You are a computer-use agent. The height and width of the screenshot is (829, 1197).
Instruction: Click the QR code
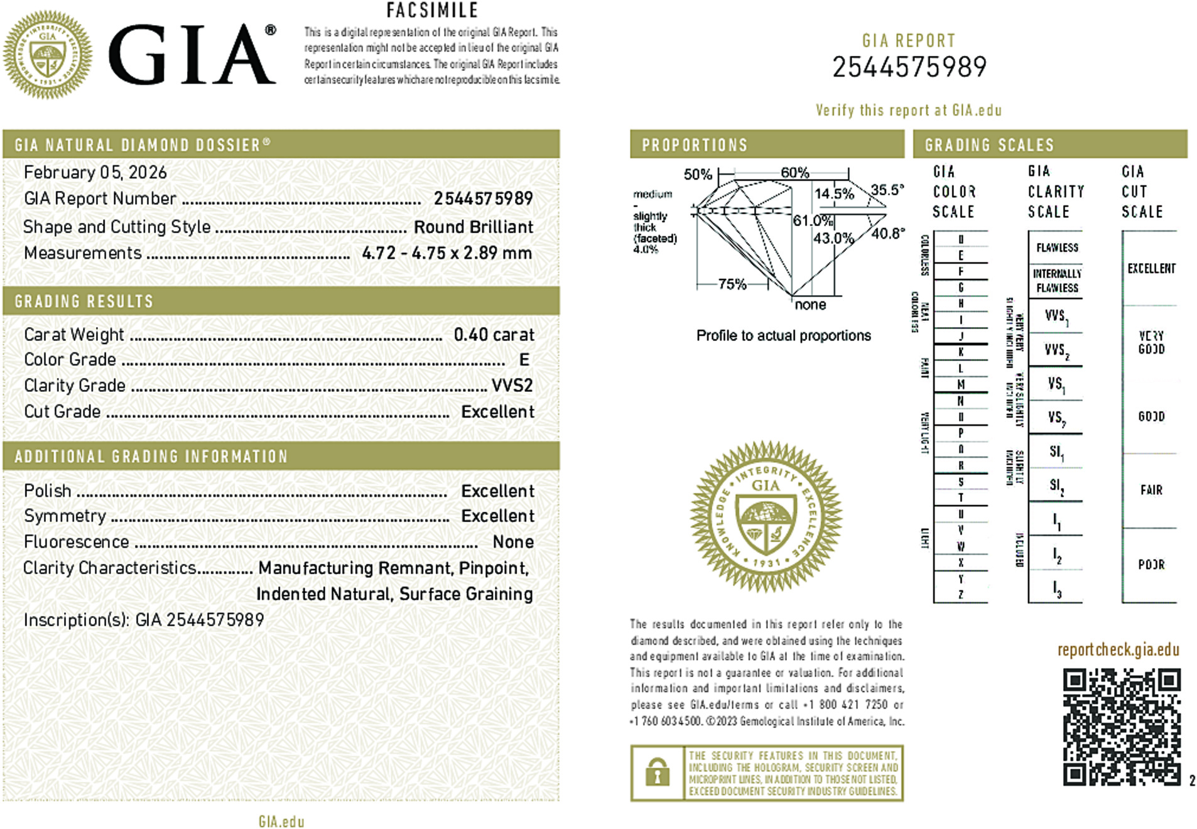(1121, 727)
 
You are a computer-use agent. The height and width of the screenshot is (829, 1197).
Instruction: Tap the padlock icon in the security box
(657, 773)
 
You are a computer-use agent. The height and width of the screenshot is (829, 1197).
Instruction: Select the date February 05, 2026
(95, 173)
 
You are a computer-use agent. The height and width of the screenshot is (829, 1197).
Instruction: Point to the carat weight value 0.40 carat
(494, 335)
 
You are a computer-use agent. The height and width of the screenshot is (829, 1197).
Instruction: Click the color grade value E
(524, 360)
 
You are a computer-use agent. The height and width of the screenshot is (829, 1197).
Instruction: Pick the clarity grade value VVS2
(512, 386)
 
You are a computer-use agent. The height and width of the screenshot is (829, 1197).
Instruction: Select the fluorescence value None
(513, 542)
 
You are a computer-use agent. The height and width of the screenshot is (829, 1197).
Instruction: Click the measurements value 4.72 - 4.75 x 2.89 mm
(447, 253)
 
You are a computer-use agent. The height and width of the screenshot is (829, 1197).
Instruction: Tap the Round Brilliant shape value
(473, 227)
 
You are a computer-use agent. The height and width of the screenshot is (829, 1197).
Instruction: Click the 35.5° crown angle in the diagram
(887, 190)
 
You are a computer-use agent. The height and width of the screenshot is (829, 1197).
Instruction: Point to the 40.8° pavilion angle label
(888, 234)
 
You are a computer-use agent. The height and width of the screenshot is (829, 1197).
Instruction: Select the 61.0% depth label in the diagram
(812, 220)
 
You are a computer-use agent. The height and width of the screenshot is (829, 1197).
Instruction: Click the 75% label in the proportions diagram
(732, 284)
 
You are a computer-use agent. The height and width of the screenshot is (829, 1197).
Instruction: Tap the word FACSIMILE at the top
(432, 11)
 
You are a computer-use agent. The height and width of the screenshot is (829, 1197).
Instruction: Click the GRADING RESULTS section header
(84, 301)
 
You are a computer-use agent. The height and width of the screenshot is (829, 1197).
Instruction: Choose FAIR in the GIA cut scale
(1151, 490)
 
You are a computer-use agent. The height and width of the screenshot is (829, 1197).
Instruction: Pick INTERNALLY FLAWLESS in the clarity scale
(1057, 281)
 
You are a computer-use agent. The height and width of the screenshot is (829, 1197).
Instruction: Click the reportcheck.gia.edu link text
(1118, 649)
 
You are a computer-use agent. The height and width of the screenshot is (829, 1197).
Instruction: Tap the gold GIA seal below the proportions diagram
(766, 517)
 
